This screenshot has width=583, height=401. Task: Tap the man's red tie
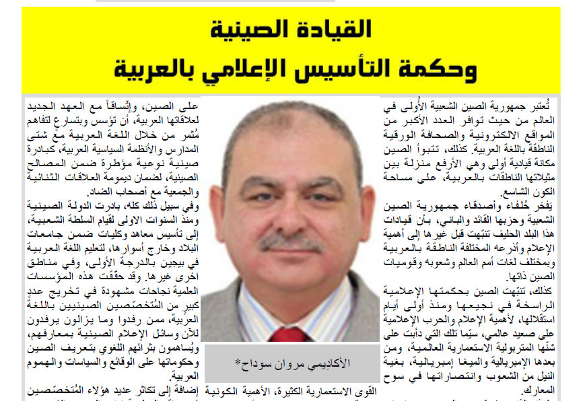click(x=289, y=334)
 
